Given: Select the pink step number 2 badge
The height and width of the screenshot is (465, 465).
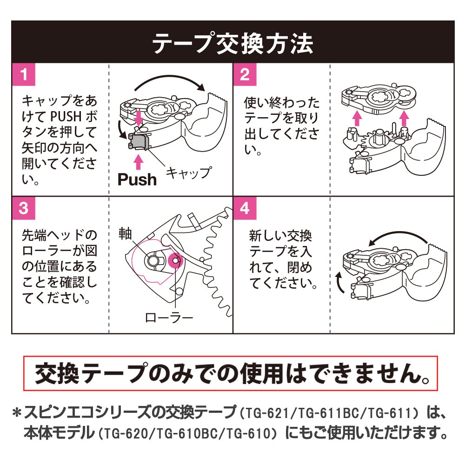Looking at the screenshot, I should coord(245,74).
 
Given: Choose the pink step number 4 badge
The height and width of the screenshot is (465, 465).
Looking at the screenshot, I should coord(245,208).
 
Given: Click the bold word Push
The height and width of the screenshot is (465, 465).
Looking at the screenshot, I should coord(137,179).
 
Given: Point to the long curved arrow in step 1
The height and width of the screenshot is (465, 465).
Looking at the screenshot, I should coord(167,80).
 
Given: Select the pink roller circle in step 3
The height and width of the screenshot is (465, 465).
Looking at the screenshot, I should coord(176,261).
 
